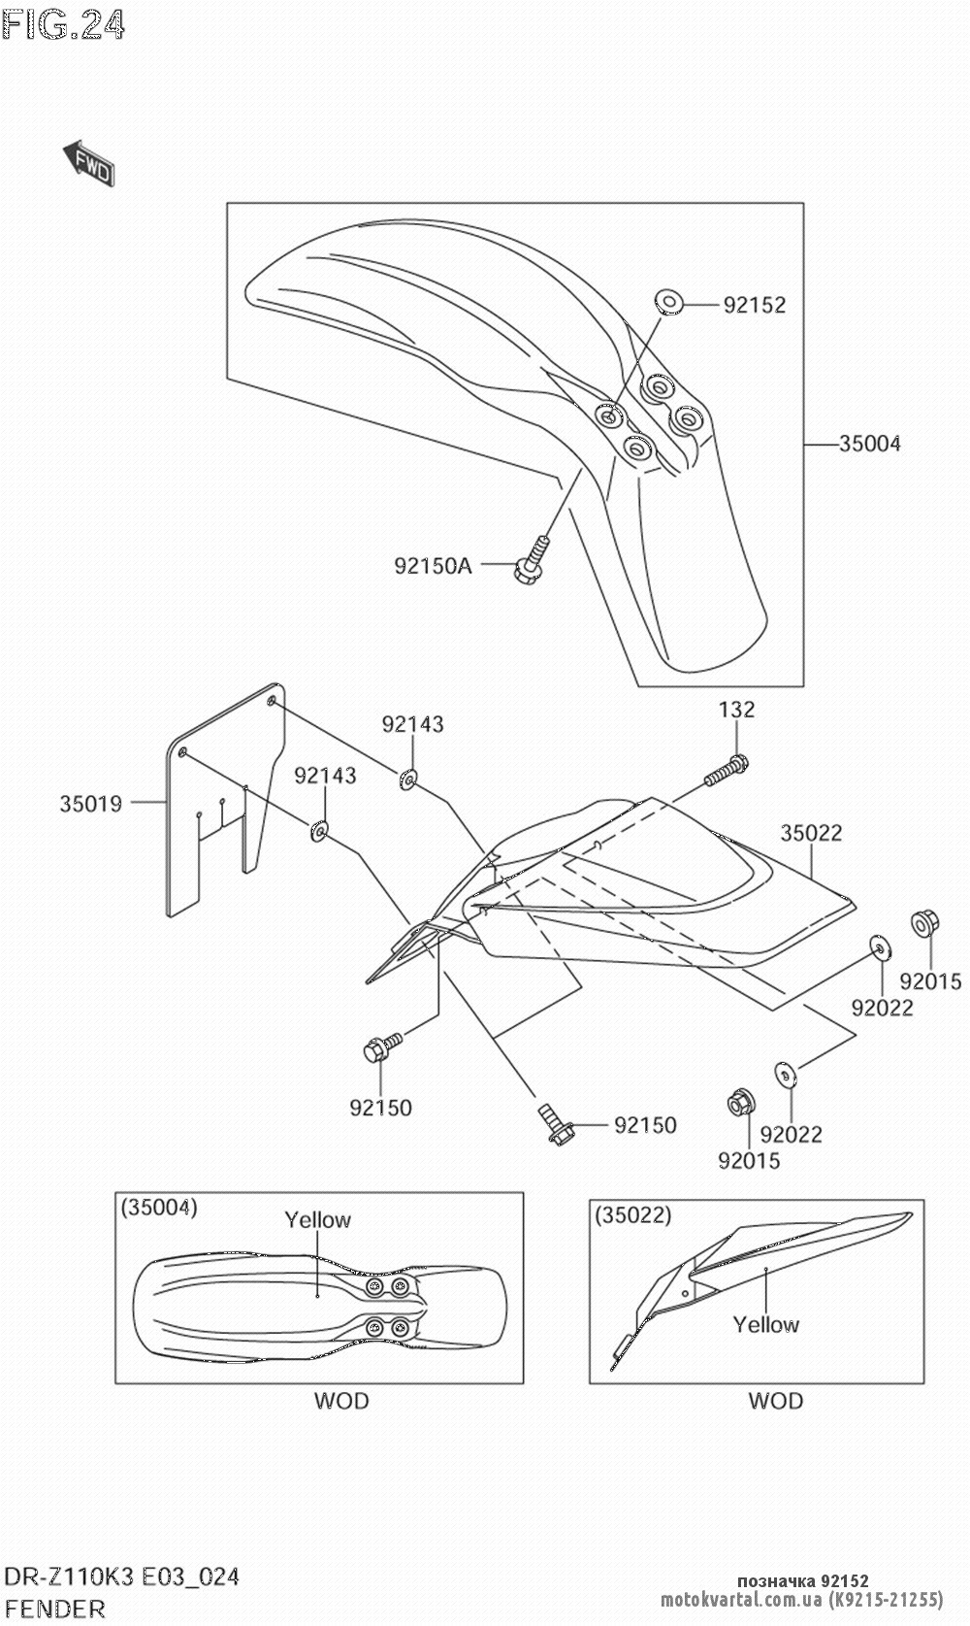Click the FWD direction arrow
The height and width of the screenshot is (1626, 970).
coord(88,163)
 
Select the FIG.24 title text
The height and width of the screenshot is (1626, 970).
coord(63,24)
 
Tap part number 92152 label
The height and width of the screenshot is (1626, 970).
coord(755,305)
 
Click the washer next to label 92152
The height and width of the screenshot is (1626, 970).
coord(667,302)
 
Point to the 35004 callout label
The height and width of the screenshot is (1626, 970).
coord(870,444)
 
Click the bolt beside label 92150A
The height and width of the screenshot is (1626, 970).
coord(531,559)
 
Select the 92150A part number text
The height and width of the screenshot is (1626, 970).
coord(434,566)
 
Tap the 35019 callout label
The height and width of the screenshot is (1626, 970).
coord(90,804)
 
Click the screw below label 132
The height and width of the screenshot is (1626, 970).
coord(727,771)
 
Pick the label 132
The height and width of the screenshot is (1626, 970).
coord(736,710)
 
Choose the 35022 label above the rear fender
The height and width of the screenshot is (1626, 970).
coord(811,833)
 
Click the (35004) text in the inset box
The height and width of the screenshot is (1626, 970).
coord(159,1208)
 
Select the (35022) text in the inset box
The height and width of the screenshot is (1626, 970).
coord(632,1214)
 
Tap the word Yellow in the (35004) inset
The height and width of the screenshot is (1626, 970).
coord(318,1219)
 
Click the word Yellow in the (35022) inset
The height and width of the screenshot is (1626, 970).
coord(766,1325)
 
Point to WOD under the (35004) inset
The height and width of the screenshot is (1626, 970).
coord(341,1401)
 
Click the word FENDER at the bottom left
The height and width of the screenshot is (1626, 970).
coord(54,1609)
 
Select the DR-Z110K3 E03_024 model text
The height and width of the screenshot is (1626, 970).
coord(122,1576)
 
